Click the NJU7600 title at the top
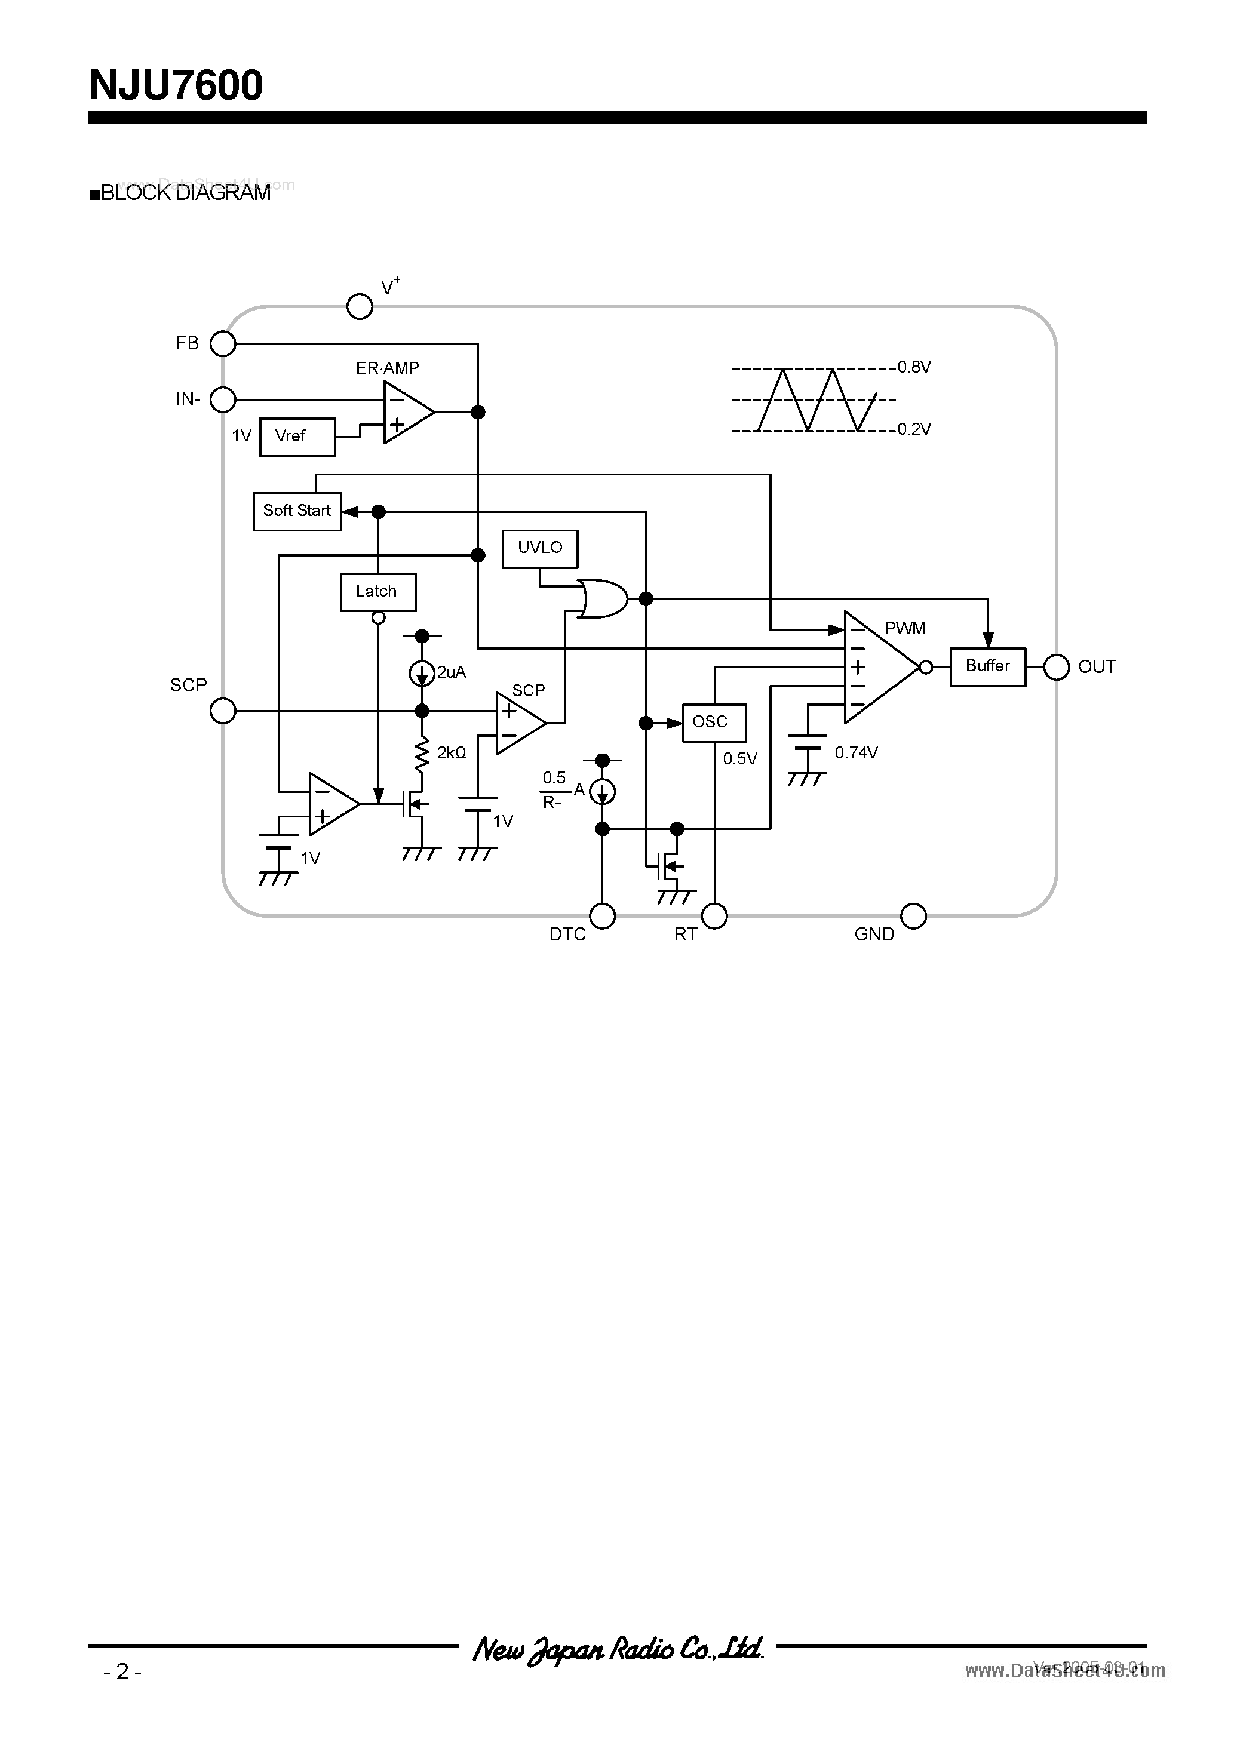176,85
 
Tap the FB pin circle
223,344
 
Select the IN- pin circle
223,399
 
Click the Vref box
297,436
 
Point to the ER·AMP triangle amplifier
406,412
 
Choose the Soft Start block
297,511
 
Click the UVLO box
539,548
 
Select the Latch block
377,592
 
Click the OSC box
713,722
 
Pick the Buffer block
987,666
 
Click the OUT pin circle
1056,667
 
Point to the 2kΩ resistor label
451,753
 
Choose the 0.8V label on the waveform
914,367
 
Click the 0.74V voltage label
856,753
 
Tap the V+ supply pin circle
359,306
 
